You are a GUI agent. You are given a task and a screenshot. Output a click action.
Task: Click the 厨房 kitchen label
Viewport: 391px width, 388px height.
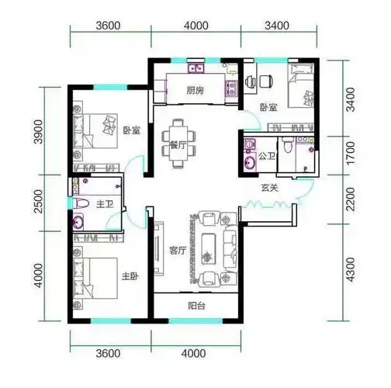(x=195, y=91)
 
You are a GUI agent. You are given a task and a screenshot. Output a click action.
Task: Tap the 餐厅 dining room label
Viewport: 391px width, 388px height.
(x=178, y=145)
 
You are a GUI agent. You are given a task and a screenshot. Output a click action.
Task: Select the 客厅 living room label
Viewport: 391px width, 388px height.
(x=178, y=251)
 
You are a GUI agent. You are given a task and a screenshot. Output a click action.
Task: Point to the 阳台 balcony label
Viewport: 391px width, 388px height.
(x=196, y=306)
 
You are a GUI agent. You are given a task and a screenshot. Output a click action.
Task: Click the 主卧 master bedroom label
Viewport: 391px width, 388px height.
(x=130, y=276)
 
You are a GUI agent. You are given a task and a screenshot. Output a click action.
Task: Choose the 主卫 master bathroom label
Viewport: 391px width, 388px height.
(x=105, y=204)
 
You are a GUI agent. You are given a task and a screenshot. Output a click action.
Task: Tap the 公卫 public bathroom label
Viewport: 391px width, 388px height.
(x=267, y=156)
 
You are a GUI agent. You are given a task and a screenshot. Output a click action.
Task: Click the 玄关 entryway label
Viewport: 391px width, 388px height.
(x=269, y=188)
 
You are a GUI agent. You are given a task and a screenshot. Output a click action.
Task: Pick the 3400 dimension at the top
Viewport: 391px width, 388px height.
(x=277, y=26)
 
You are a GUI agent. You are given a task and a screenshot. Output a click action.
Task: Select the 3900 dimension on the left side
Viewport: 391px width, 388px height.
(x=39, y=131)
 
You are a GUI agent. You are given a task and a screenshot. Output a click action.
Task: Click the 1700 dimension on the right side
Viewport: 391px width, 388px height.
(x=351, y=153)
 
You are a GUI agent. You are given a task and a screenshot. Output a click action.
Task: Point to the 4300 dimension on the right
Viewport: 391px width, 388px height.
(x=351, y=269)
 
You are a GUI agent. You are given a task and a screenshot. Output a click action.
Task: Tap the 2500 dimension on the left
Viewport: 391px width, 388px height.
(x=39, y=201)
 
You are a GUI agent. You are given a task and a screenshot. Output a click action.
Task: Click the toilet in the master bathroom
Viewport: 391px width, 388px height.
(x=81, y=203)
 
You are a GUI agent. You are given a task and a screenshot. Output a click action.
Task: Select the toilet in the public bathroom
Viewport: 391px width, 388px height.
(x=287, y=145)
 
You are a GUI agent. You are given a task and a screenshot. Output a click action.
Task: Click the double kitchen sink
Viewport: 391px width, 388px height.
(x=196, y=68)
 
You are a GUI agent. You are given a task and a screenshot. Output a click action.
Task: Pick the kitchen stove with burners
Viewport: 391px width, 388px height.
(x=231, y=88)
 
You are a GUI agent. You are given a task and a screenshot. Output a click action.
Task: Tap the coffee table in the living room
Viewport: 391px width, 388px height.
(x=209, y=248)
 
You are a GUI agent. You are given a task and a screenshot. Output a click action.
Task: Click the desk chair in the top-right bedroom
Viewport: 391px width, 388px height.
(x=265, y=81)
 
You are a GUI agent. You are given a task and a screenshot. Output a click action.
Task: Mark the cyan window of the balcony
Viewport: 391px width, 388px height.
(x=195, y=321)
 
